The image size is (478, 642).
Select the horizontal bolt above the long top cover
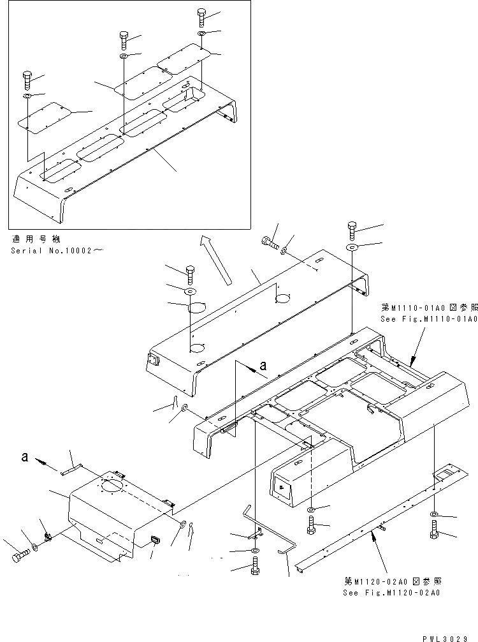pos(271,243)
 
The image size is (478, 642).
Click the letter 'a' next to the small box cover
pos(25,457)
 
